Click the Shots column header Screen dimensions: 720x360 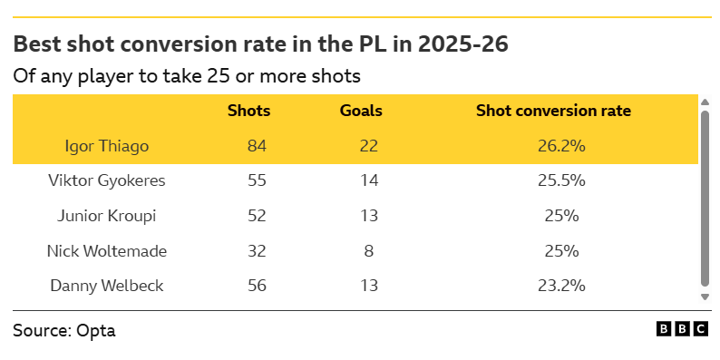(x=248, y=111)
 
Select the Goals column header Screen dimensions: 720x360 (x=361, y=111)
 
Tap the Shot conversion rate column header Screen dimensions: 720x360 (x=553, y=111)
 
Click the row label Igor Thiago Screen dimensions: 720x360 (x=106, y=146)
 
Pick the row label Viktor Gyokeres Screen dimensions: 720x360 (x=106, y=180)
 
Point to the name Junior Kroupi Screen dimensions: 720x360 (x=106, y=215)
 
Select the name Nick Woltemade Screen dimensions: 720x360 (x=106, y=250)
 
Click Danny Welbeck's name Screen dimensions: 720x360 (x=106, y=286)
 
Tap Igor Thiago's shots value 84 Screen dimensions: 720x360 (x=257, y=146)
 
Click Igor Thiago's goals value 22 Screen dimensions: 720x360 (x=369, y=146)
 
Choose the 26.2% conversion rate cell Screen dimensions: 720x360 (x=561, y=146)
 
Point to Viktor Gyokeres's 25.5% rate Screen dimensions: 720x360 (x=561, y=180)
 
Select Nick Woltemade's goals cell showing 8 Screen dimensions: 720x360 (x=369, y=250)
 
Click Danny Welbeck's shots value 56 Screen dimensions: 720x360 (x=257, y=286)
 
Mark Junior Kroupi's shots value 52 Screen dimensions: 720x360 (x=257, y=215)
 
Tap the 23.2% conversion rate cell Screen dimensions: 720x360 (x=561, y=286)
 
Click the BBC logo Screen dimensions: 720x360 (x=682, y=329)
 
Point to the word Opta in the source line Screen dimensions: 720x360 (x=96, y=331)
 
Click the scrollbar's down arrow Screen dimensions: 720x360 (x=705, y=297)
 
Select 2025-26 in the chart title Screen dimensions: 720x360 (x=462, y=44)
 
